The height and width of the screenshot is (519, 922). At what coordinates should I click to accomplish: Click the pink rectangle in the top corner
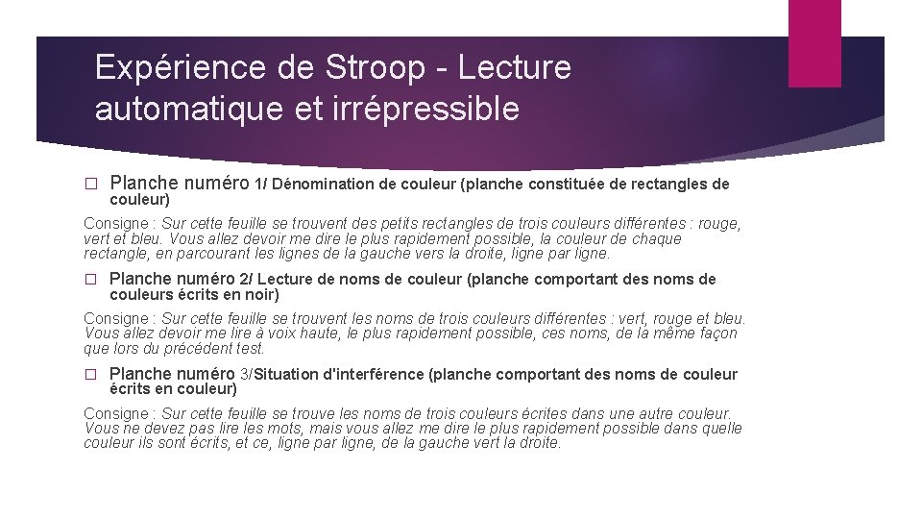[814, 43]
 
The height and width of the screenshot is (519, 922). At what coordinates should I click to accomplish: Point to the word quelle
[718, 429]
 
